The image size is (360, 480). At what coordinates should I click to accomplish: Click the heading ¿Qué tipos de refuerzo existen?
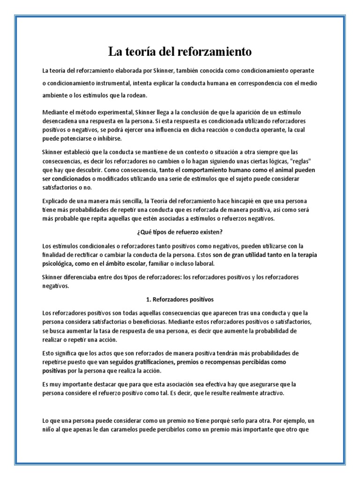tap(180, 231)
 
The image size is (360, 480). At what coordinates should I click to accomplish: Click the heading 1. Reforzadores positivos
tap(180, 299)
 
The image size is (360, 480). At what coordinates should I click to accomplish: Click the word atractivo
tap(269, 393)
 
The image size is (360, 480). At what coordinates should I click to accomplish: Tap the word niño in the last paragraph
tap(49, 429)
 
